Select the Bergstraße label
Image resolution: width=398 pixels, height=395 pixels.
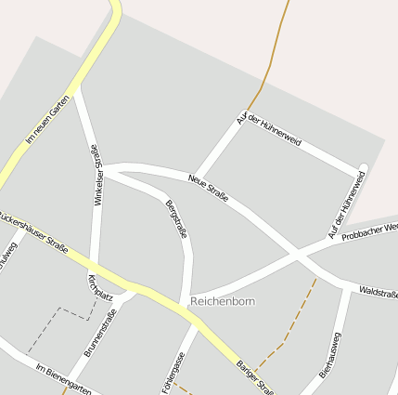click(176, 219)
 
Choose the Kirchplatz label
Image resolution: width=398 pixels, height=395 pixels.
click(99, 287)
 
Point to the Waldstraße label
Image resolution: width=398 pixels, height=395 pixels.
click(378, 293)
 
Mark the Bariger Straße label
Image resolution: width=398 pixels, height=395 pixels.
click(253, 377)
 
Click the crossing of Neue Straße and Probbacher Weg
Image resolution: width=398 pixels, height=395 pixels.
click(296, 253)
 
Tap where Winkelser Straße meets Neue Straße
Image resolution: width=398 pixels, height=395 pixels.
click(101, 168)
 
